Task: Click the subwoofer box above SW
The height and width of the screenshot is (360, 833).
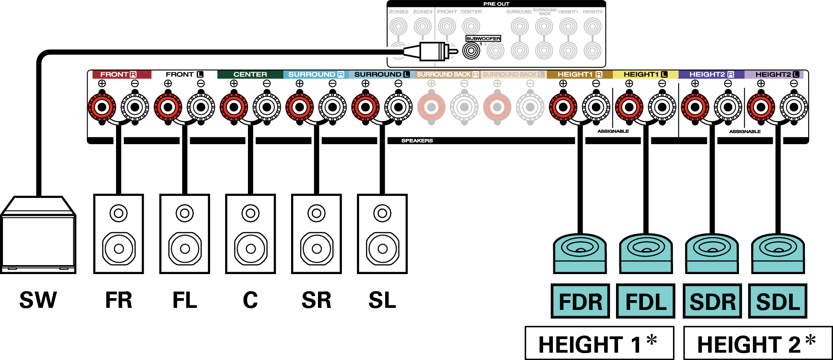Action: coord(38,236)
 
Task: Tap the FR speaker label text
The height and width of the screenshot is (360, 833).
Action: coord(118,301)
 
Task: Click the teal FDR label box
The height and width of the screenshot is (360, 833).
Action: coord(580,301)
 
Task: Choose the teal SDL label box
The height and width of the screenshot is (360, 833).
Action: coord(778,301)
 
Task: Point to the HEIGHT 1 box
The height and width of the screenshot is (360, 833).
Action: coord(599,343)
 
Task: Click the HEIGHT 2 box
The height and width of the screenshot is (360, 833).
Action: coord(757,343)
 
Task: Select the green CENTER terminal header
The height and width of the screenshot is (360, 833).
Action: coord(250,75)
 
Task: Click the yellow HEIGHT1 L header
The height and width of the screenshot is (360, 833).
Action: coord(645,75)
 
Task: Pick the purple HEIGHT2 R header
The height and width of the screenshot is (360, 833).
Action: coord(711,75)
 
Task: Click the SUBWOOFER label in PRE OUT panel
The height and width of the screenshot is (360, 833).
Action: coord(483,39)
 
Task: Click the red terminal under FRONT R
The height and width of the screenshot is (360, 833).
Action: coord(102,108)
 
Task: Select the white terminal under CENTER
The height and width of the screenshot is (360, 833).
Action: coord(267,108)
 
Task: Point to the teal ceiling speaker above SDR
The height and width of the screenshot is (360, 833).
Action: coord(712,252)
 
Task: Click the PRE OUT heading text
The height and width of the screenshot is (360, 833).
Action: coord(496,4)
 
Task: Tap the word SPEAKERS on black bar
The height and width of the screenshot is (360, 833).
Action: coord(417,140)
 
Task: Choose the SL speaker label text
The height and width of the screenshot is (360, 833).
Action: coord(382,301)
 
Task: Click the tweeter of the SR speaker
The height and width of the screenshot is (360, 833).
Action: coord(316,213)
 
